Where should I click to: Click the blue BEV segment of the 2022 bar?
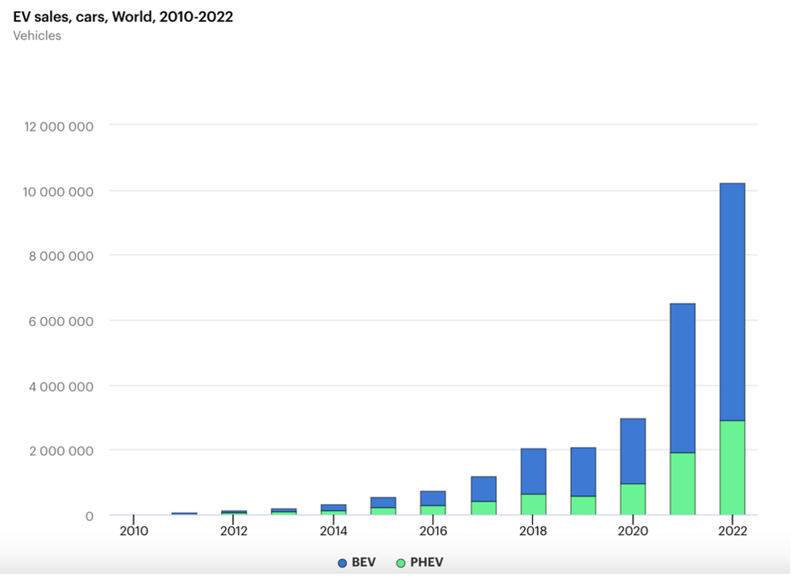pos(732,302)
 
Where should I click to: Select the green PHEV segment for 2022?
pos(732,467)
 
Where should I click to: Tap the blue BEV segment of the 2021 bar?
pos(682,378)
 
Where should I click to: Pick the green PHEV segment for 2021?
pos(682,484)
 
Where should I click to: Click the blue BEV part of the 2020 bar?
pos(633,451)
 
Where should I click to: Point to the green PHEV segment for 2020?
pos(633,499)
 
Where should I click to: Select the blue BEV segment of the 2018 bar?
pos(533,471)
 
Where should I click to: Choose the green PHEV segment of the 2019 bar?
pos(583,505)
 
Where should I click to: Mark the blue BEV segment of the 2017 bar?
pos(483,489)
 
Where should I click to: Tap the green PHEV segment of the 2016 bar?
pos(433,510)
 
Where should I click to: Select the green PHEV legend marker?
pos(401,563)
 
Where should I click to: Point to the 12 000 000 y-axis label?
pos(58,126)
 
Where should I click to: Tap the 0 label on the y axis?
pos(89,516)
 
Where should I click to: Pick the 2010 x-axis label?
pos(134,531)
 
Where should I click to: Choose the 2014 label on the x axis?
pos(333,531)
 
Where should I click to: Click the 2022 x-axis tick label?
pos(732,531)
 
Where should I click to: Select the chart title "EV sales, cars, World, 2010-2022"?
pos(123,17)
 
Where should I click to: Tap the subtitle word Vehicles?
pos(37,35)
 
